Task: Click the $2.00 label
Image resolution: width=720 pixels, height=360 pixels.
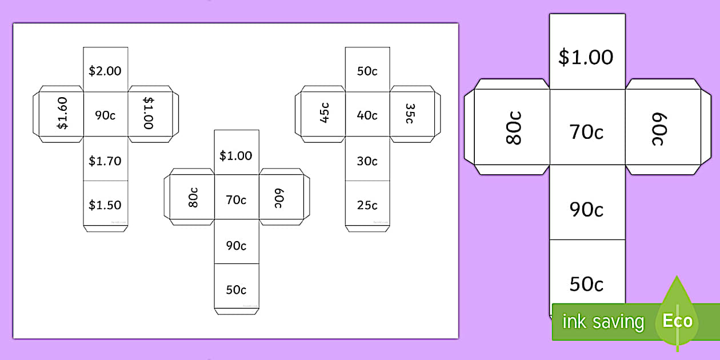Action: click(105, 71)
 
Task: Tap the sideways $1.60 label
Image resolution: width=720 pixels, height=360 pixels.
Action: click(62, 113)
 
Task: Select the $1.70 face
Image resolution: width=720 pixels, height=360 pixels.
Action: click(105, 161)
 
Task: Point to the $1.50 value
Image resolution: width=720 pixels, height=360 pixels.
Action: click(105, 205)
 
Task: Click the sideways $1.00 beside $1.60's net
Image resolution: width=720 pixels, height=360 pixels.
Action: click(149, 113)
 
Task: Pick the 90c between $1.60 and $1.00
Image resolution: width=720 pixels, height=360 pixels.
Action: click(105, 115)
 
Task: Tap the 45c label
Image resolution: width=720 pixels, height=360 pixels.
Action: click(324, 113)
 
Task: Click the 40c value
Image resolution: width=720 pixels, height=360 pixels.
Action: click(367, 115)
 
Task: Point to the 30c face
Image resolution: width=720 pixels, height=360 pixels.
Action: click(367, 161)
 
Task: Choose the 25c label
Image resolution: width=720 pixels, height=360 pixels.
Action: click(367, 205)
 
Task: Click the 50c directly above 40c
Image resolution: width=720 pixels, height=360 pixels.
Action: click(367, 71)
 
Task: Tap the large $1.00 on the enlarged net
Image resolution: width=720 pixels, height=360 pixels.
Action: click(586, 57)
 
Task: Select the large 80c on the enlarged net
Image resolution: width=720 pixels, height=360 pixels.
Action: click(514, 129)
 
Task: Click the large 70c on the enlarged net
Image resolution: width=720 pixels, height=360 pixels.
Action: click(586, 132)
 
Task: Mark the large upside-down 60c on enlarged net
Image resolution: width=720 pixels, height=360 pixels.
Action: click(659, 129)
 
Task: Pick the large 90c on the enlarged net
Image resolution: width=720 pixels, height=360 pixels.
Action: click(586, 210)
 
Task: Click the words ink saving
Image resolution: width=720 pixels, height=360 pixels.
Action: click(603, 322)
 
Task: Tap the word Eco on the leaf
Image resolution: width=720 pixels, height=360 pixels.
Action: click(678, 321)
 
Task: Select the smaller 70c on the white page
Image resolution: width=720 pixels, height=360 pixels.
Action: click(236, 199)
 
